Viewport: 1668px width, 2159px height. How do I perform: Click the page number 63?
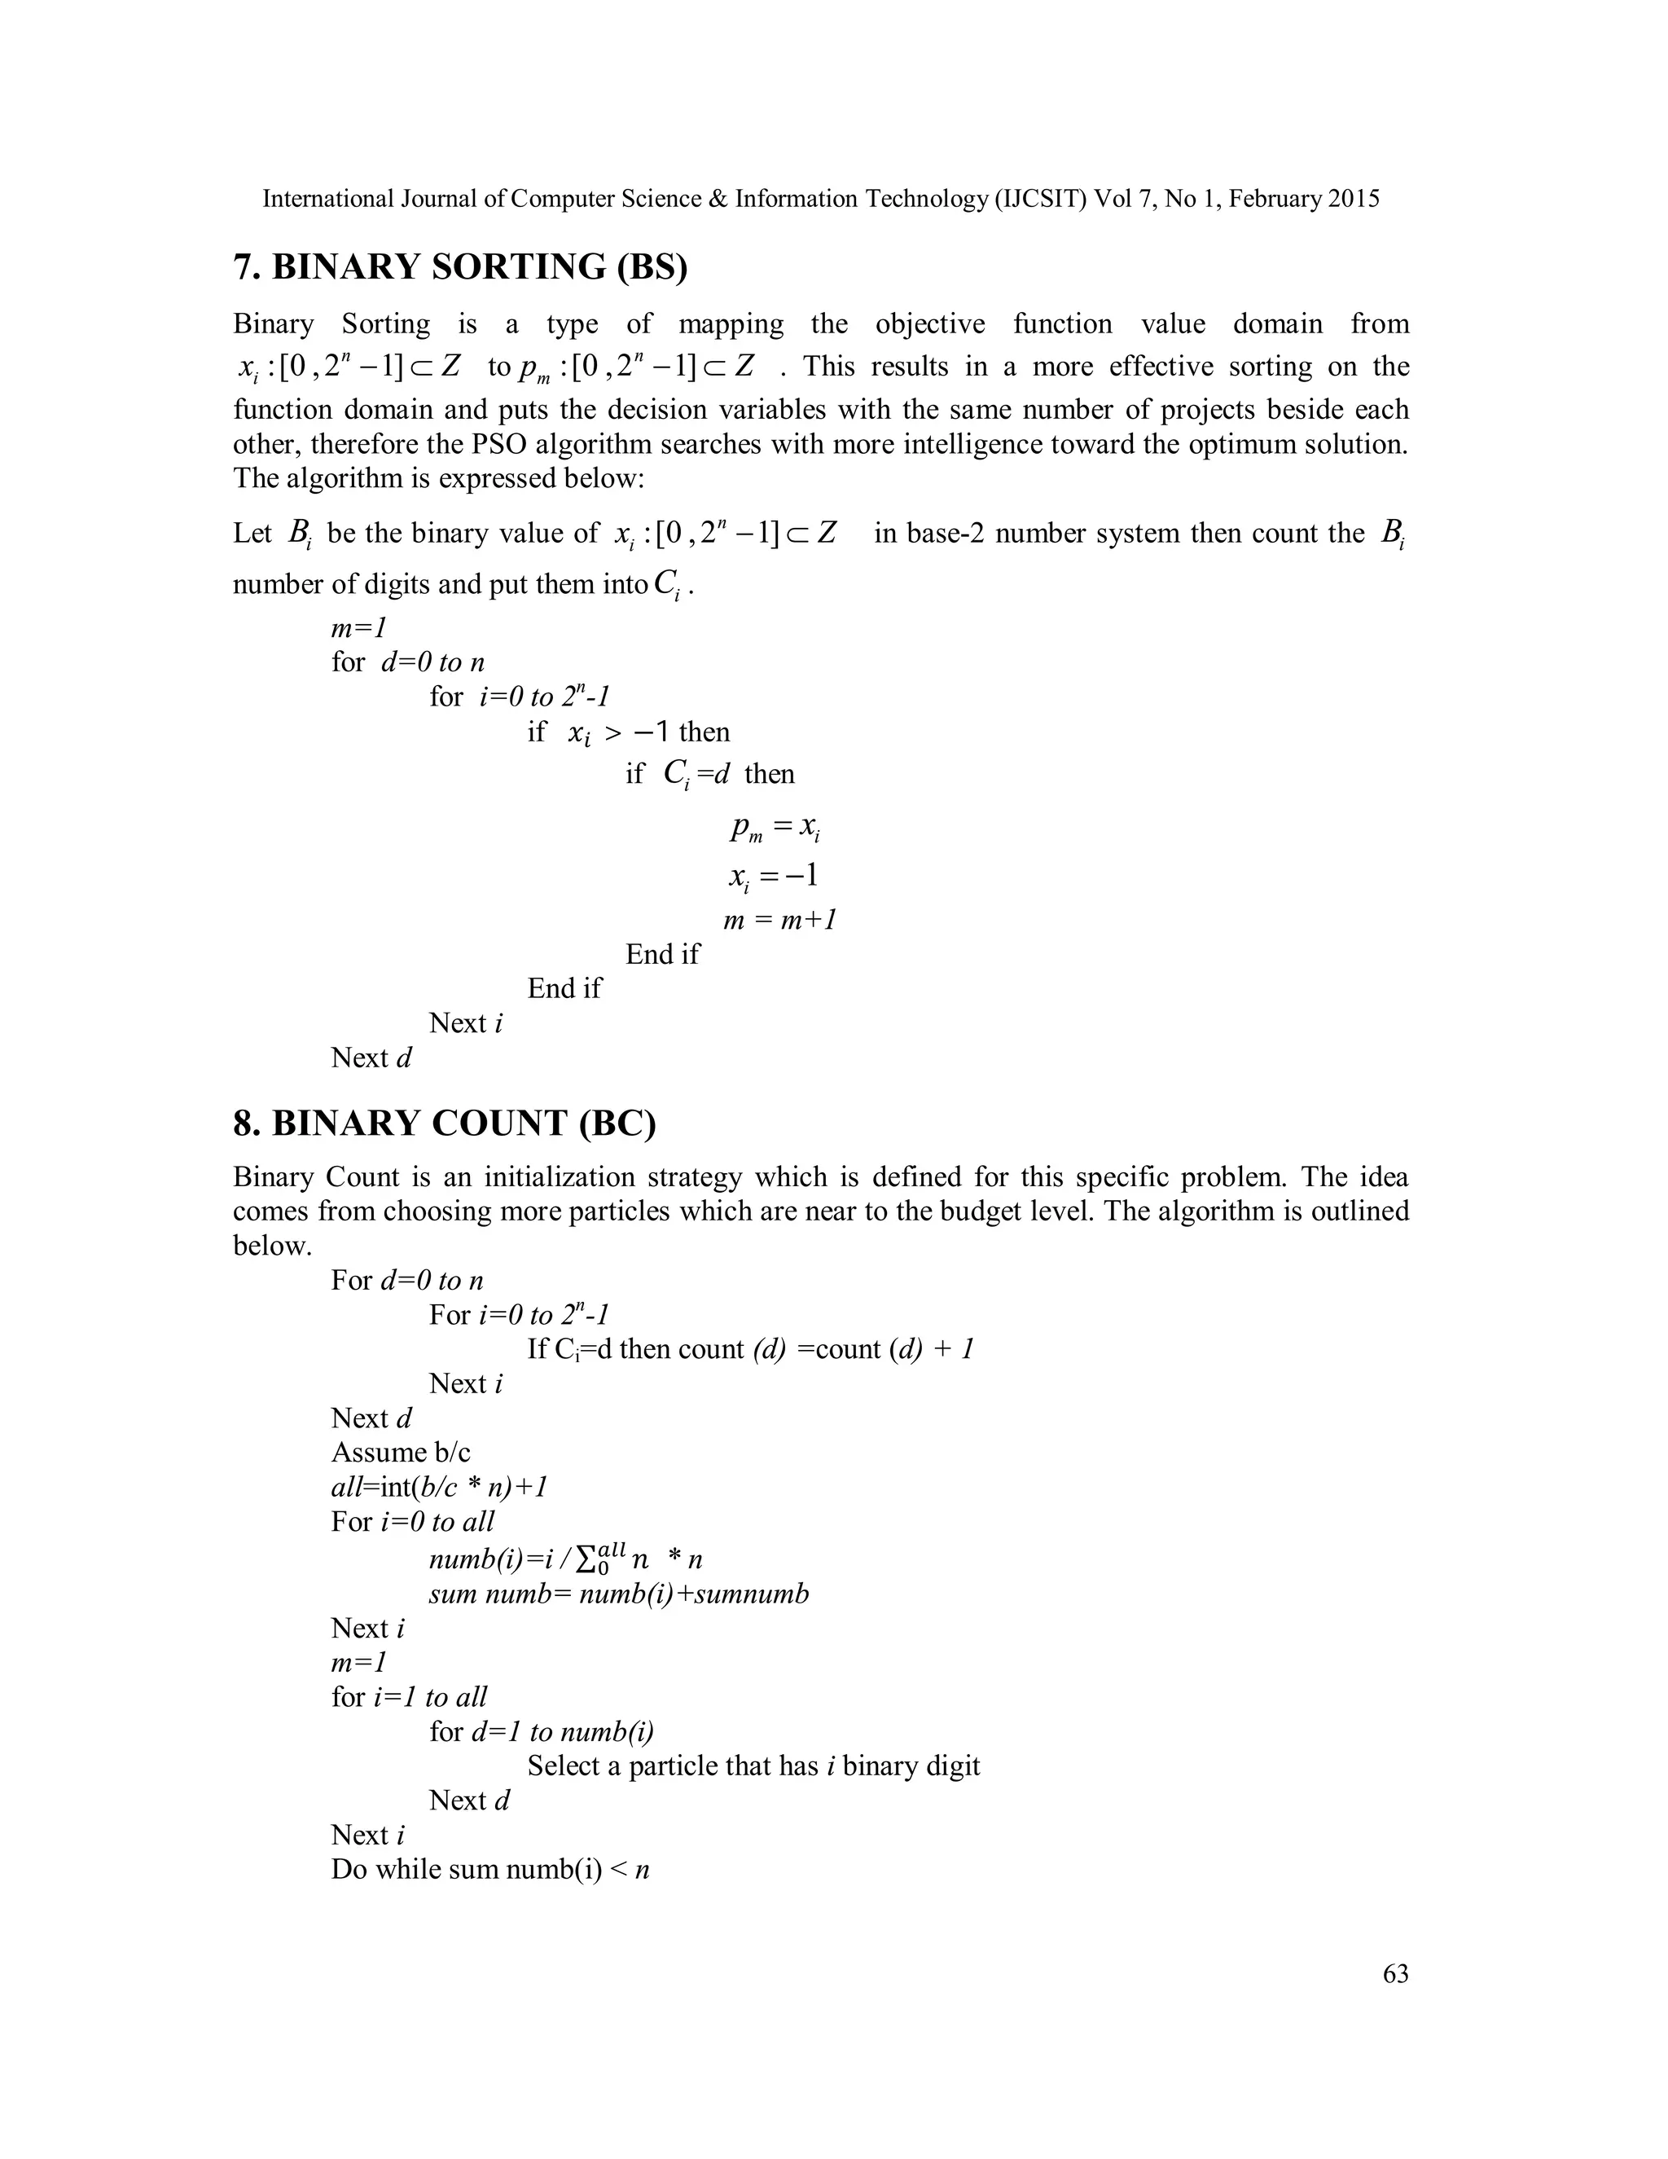pos(1395,1974)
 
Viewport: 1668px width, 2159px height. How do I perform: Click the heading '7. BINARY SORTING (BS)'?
pos(459,267)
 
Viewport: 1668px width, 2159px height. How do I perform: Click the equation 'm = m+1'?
pos(779,921)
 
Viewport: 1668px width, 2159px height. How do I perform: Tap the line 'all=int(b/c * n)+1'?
pos(439,1487)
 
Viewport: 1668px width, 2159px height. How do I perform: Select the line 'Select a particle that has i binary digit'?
pos(753,1765)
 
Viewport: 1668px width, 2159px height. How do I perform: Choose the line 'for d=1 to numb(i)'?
pos(541,1731)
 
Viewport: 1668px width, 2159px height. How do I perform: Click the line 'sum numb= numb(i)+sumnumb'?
pos(619,1594)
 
